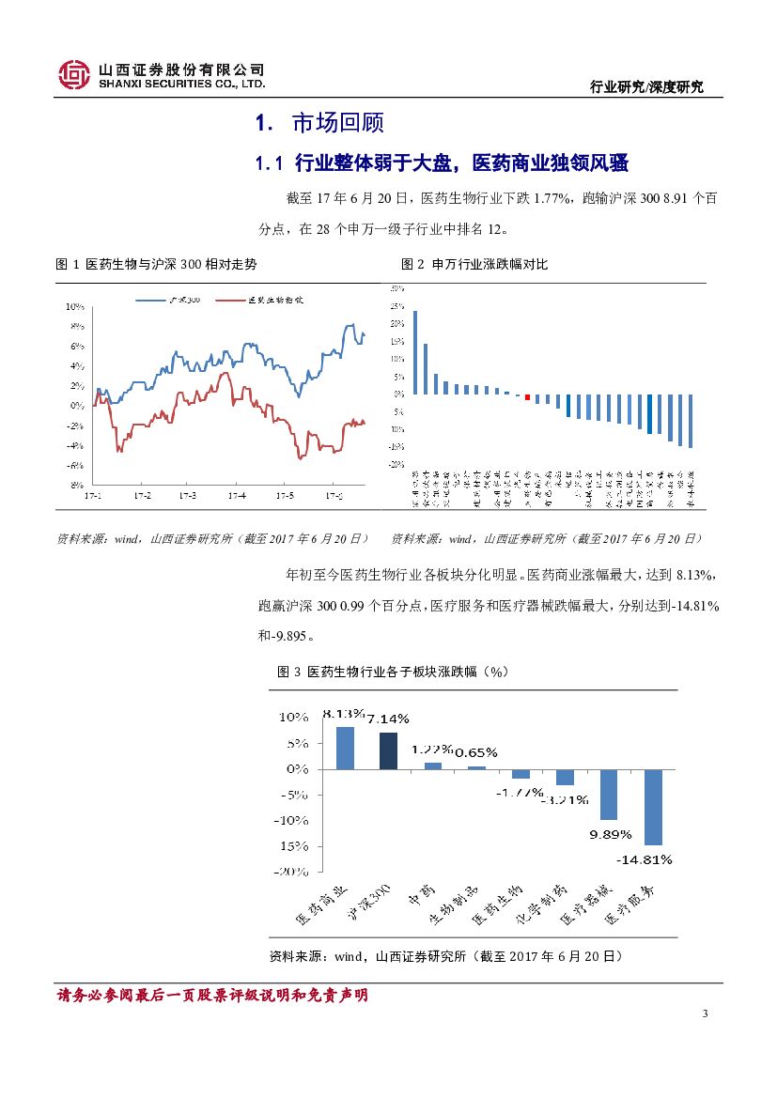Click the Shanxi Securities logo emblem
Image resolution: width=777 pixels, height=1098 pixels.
pyautogui.click(x=74, y=75)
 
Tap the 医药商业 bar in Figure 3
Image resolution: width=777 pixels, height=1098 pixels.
pyautogui.click(x=345, y=748)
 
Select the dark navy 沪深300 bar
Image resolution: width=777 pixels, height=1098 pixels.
pyautogui.click(x=388, y=750)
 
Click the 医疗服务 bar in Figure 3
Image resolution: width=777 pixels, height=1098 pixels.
pyautogui.click(x=653, y=807)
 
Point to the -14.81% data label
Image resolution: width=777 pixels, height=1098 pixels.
pyautogui.click(x=645, y=858)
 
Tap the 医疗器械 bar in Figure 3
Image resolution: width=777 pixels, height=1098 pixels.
pyautogui.click(x=609, y=795)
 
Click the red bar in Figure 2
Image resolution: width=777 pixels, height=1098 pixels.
pyautogui.click(x=527, y=397)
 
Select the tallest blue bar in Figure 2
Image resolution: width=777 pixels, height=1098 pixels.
pyautogui.click(x=415, y=352)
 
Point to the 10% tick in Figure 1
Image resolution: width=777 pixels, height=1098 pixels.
pyautogui.click(x=75, y=307)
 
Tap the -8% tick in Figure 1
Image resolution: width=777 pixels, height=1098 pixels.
pyautogui.click(x=75, y=485)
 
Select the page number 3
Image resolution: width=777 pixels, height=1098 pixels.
pyautogui.click(x=705, y=1013)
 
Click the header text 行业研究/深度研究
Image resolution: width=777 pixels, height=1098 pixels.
pyautogui.click(x=645, y=87)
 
